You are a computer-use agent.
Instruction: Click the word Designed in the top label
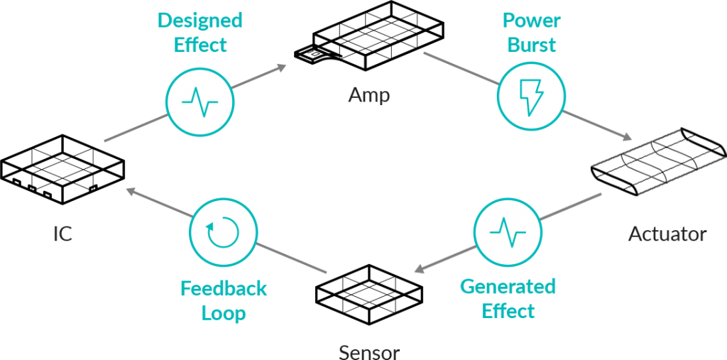click(199, 21)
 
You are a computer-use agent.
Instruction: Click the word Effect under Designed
click(199, 45)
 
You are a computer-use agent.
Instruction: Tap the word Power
click(530, 21)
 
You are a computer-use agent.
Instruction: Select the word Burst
click(530, 45)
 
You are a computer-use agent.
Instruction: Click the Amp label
click(369, 95)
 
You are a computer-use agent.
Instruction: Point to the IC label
click(63, 234)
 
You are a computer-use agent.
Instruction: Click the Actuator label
click(667, 234)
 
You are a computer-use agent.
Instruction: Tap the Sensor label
click(369, 352)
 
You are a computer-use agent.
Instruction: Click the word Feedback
click(224, 289)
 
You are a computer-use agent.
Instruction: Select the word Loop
click(224, 313)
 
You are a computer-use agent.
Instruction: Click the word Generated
click(508, 287)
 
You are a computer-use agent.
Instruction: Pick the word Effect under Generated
click(508, 311)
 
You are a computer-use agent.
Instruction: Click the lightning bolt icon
click(531, 98)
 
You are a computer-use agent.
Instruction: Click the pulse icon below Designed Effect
click(200, 102)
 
